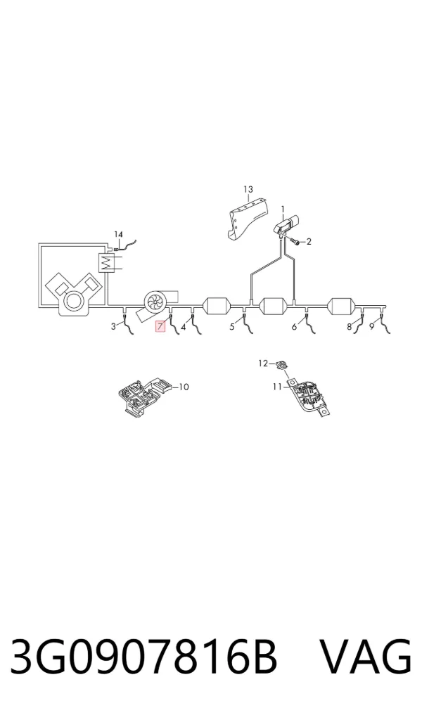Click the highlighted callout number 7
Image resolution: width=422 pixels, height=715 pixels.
click(160, 326)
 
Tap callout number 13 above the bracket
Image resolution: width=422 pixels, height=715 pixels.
click(248, 189)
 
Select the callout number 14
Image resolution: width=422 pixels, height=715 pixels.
click(118, 234)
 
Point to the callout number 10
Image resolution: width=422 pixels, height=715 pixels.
click(184, 387)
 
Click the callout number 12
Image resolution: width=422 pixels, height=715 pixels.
click(263, 363)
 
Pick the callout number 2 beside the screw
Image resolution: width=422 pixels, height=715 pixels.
click(309, 242)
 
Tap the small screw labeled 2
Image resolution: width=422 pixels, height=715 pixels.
click(295, 241)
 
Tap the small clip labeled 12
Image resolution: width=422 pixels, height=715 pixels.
click(281, 364)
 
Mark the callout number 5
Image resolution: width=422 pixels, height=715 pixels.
click(232, 326)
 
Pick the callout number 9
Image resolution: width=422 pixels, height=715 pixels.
click(372, 326)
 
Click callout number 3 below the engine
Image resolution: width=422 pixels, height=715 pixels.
click(114, 326)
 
